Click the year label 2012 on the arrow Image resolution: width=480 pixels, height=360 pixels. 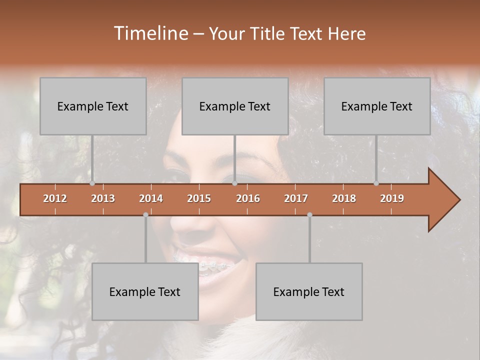[x=55, y=198]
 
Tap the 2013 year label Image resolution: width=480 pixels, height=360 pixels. [x=103, y=198]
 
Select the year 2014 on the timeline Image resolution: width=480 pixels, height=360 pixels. [x=151, y=198]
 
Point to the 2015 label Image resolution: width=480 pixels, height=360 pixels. [x=199, y=198]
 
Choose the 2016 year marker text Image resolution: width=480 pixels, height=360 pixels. [x=248, y=198]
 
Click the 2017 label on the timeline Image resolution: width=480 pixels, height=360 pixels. [x=296, y=198]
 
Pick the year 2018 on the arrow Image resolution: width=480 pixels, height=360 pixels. [x=344, y=198]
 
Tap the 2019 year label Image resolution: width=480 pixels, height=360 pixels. [x=392, y=198]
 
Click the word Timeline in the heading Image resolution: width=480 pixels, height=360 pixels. [x=150, y=33]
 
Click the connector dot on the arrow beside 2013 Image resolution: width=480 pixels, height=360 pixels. [x=92, y=183]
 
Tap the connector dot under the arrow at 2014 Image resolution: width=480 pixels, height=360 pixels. [x=145, y=215]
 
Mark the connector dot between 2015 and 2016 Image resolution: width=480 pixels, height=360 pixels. [x=234, y=183]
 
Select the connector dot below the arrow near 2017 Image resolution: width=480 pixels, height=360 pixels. [x=309, y=215]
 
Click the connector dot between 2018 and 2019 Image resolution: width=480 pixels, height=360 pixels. [x=376, y=183]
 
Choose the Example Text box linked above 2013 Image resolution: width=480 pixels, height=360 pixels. [x=93, y=106]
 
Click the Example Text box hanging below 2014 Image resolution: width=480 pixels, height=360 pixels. [x=145, y=291]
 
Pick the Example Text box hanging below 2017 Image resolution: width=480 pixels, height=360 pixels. [x=309, y=291]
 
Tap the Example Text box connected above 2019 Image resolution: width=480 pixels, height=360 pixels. [x=377, y=106]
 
